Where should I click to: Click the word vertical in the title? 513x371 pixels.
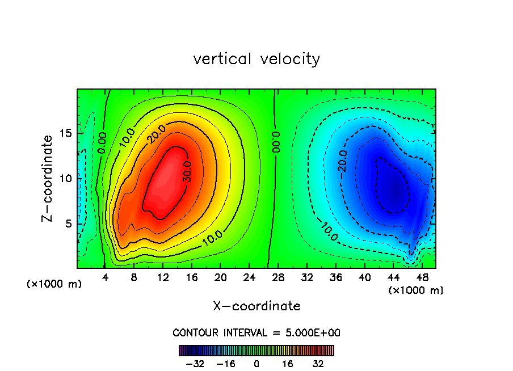point(222,59)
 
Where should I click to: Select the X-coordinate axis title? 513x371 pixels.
point(256,306)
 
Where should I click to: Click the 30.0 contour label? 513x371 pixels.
point(187,171)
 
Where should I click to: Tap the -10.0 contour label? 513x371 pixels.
point(329,229)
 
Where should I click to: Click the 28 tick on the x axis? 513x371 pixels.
point(278,278)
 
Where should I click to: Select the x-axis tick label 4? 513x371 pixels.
point(106,278)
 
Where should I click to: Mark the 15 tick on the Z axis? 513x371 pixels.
point(66,133)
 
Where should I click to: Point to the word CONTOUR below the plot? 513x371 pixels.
point(195,333)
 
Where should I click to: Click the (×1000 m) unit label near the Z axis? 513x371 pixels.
point(54,284)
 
